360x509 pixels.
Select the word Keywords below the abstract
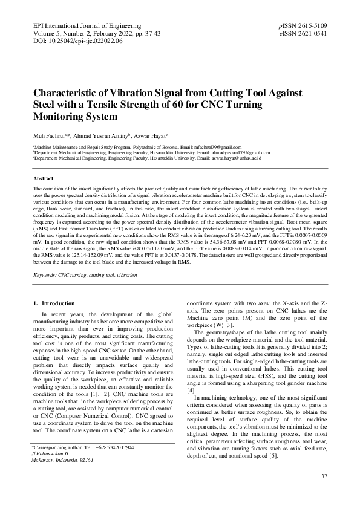point(45,275)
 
